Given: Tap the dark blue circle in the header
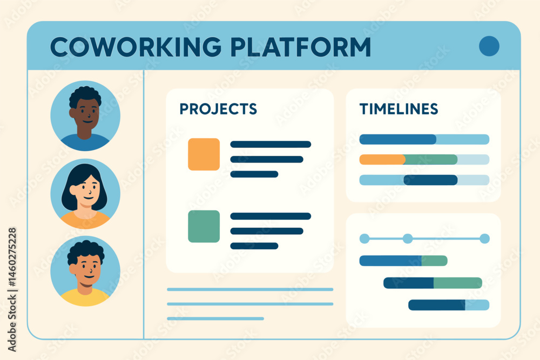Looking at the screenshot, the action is point(489,46).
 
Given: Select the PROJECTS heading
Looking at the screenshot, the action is point(218,109).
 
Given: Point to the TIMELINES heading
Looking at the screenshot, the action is point(399,109).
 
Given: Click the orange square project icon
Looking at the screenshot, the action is point(204,154).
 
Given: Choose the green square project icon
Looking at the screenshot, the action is point(204,226).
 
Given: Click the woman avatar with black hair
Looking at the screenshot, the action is point(85,194).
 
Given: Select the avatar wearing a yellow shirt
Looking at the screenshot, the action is point(85,271).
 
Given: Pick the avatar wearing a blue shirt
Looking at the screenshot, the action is point(85,116).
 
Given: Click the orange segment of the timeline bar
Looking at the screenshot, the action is point(382,160).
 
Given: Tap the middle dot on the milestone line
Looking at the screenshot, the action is point(408,239).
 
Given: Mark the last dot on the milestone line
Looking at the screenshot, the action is point(484,239).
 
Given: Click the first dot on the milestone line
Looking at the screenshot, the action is point(364,239).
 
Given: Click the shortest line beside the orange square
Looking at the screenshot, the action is point(254,174).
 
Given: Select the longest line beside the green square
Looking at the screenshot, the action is point(271,216).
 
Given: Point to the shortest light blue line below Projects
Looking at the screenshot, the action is point(215,318).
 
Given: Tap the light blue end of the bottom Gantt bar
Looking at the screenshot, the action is point(477,305).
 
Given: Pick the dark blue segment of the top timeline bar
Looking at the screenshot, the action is point(398,139).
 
